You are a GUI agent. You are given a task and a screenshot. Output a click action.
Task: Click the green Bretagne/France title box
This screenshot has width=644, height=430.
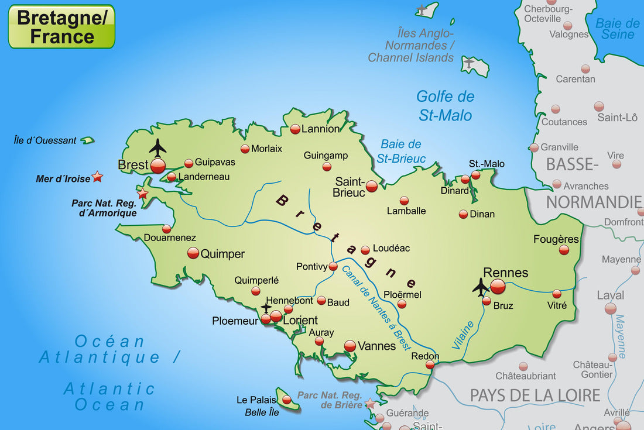click(61, 26)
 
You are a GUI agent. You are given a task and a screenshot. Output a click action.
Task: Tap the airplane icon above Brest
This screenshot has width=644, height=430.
click(157, 147)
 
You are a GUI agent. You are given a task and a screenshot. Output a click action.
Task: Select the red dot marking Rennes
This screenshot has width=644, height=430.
click(498, 286)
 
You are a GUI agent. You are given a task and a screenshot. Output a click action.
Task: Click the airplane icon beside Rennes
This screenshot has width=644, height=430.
click(481, 287)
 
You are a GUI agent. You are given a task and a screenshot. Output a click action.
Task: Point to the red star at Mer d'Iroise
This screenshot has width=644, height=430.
click(97, 176)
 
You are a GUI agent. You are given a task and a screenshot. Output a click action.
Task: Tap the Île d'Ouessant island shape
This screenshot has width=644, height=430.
click(87, 140)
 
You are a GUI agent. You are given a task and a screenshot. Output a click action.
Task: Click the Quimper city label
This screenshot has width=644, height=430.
click(222, 254)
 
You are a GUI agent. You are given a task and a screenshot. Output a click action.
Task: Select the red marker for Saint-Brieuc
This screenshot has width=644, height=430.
click(372, 187)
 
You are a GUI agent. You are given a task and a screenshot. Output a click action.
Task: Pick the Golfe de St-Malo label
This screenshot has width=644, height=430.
click(445, 106)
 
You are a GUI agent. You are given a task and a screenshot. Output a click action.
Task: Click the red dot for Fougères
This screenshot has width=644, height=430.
click(564, 250)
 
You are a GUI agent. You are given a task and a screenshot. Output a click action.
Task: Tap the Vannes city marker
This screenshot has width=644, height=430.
click(350, 346)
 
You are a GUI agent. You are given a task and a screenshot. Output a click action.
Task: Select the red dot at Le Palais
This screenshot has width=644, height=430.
click(286, 400)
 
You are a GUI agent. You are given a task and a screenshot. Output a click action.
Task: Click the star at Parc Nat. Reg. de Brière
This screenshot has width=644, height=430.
click(370, 404)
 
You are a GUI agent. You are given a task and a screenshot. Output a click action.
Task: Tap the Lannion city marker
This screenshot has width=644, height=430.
click(295, 129)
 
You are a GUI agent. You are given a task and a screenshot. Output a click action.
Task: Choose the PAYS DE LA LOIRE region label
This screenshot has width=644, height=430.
click(535, 395)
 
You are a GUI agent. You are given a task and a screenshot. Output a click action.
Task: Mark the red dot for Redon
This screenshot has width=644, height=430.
click(430, 364)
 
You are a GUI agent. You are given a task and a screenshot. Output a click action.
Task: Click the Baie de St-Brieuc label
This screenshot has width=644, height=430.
click(401, 151)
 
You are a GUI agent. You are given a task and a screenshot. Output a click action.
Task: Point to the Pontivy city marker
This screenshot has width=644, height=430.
click(333, 266)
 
